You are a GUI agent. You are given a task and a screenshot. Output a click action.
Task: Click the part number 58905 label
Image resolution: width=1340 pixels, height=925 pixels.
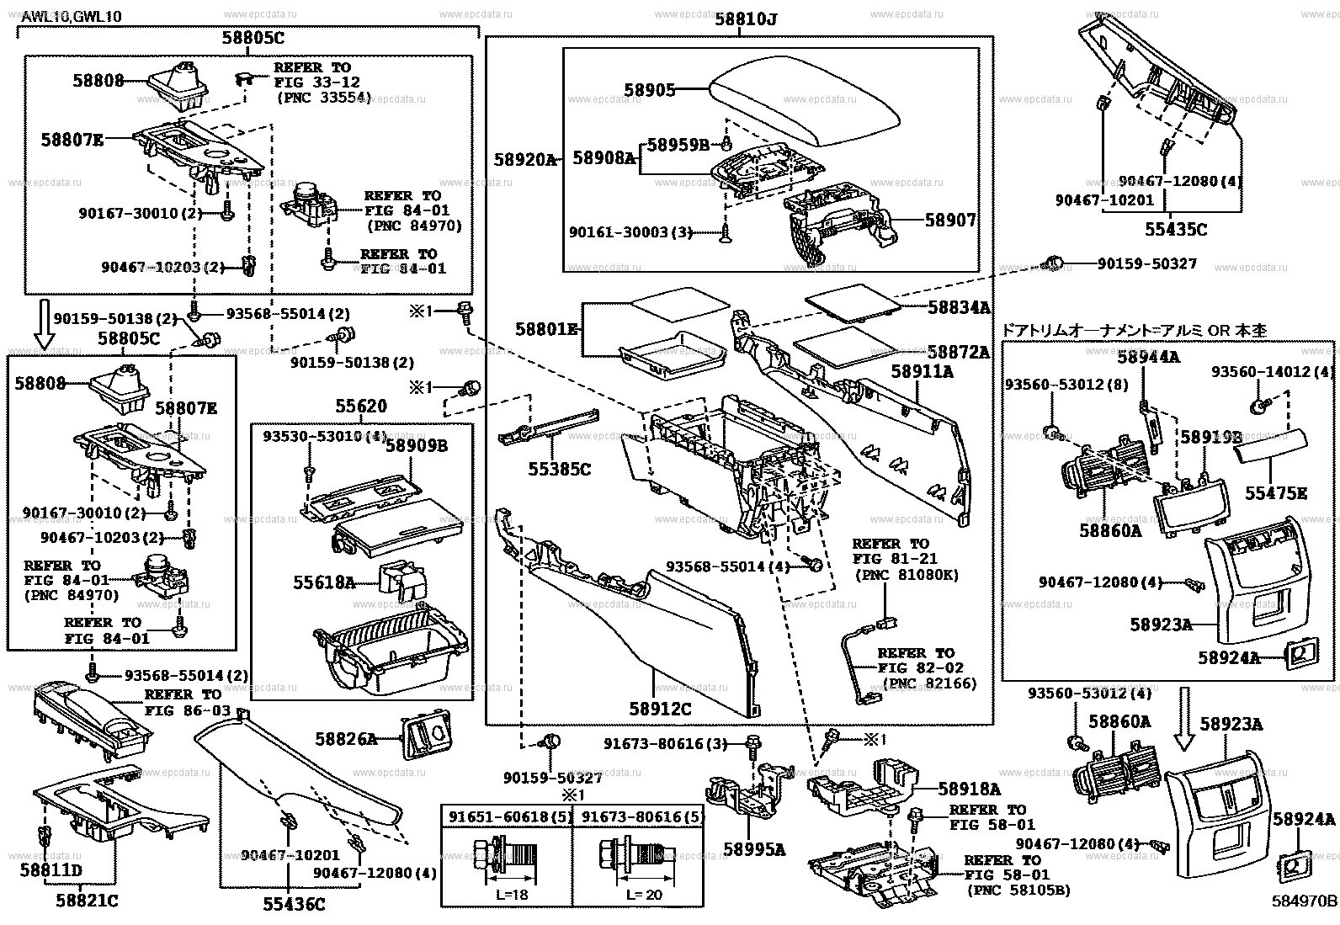[x=649, y=90]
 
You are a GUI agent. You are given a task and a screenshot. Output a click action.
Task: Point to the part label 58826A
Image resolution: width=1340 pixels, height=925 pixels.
[x=346, y=739]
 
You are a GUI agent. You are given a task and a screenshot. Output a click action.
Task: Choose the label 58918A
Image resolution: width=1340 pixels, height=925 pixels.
[x=970, y=789]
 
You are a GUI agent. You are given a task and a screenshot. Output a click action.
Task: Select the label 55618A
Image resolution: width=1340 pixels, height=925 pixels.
[x=324, y=581]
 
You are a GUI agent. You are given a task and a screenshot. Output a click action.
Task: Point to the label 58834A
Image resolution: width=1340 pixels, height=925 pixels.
[x=959, y=308]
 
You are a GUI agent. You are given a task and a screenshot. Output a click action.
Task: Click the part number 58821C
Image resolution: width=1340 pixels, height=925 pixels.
[x=87, y=901]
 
